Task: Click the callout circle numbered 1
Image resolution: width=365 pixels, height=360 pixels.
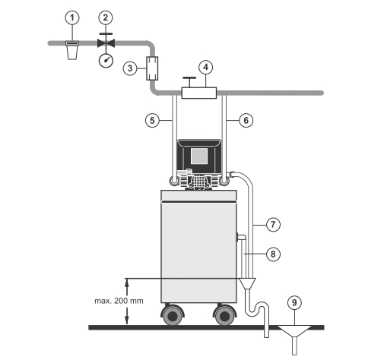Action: pyautogui.click(x=72, y=17)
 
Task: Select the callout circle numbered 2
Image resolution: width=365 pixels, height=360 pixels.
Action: pyautogui.click(x=106, y=17)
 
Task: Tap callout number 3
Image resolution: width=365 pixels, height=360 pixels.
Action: pyautogui.click(x=130, y=68)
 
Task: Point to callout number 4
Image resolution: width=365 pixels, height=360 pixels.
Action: pyautogui.click(x=206, y=67)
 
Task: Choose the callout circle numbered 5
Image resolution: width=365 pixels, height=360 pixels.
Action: pyautogui.click(x=152, y=120)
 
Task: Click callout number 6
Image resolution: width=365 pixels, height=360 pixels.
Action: pyautogui.click(x=246, y=120)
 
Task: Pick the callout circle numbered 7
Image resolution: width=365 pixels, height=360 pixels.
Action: pyautogui.click(x=273, y=224)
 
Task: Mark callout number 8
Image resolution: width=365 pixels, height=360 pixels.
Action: pyautogui.click(x=273, y=254)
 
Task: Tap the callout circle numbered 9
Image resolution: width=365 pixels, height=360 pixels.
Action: pyautogui.click(x=294, y=302)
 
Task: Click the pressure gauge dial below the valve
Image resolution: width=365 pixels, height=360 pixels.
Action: pyautogui.click(x=106, y=61)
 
